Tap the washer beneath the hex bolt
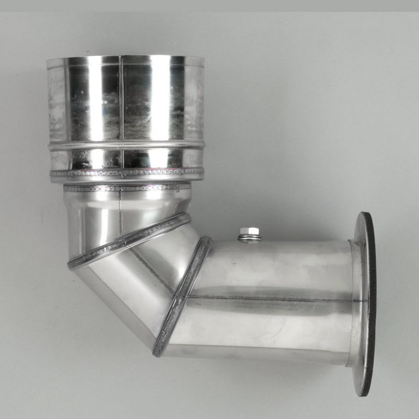tap(249, 238)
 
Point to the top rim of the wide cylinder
tap(125, 57)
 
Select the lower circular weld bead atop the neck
tap(127, 188)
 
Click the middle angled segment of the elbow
tap(136, 278)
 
